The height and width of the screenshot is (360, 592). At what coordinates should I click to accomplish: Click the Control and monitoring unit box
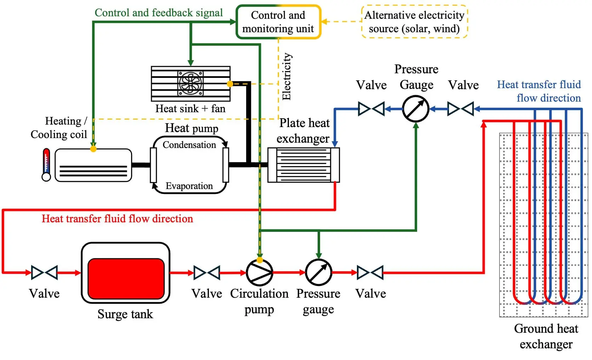tap(278, 22)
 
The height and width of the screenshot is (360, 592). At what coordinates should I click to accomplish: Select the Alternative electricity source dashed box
tap(414, 22)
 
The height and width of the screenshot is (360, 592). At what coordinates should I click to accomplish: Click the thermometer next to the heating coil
tap(46, 165)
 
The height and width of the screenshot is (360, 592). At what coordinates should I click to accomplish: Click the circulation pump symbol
tap(260, 273)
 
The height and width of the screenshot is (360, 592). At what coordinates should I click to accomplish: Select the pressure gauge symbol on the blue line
tap(416, 109)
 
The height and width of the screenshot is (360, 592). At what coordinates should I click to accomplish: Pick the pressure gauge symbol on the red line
tap(318, 273)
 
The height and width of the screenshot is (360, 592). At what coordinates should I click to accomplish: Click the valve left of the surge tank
tap(44, 273)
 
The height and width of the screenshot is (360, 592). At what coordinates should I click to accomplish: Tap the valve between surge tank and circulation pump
tap(207, 273)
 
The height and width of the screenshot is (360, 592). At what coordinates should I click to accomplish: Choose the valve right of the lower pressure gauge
tap(370, 273)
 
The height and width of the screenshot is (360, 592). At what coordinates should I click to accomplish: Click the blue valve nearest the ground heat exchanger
tap(461, 109)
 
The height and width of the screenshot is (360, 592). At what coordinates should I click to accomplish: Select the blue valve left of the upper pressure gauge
tap(371, 109)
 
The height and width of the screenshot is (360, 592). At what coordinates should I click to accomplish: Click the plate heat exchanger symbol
tap(303, 165)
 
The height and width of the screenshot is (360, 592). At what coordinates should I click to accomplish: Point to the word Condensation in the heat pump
tap(189, 145)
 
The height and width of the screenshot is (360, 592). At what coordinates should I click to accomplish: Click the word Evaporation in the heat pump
tap(189, 186)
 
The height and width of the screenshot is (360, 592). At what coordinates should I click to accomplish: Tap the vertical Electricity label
tap(286, 76)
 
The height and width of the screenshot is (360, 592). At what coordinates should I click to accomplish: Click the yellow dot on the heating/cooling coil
tap(93, 149)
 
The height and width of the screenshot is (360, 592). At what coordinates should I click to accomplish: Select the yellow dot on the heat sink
tap(230, 84)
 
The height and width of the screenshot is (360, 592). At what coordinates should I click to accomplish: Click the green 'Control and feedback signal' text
tap(159, 13)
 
